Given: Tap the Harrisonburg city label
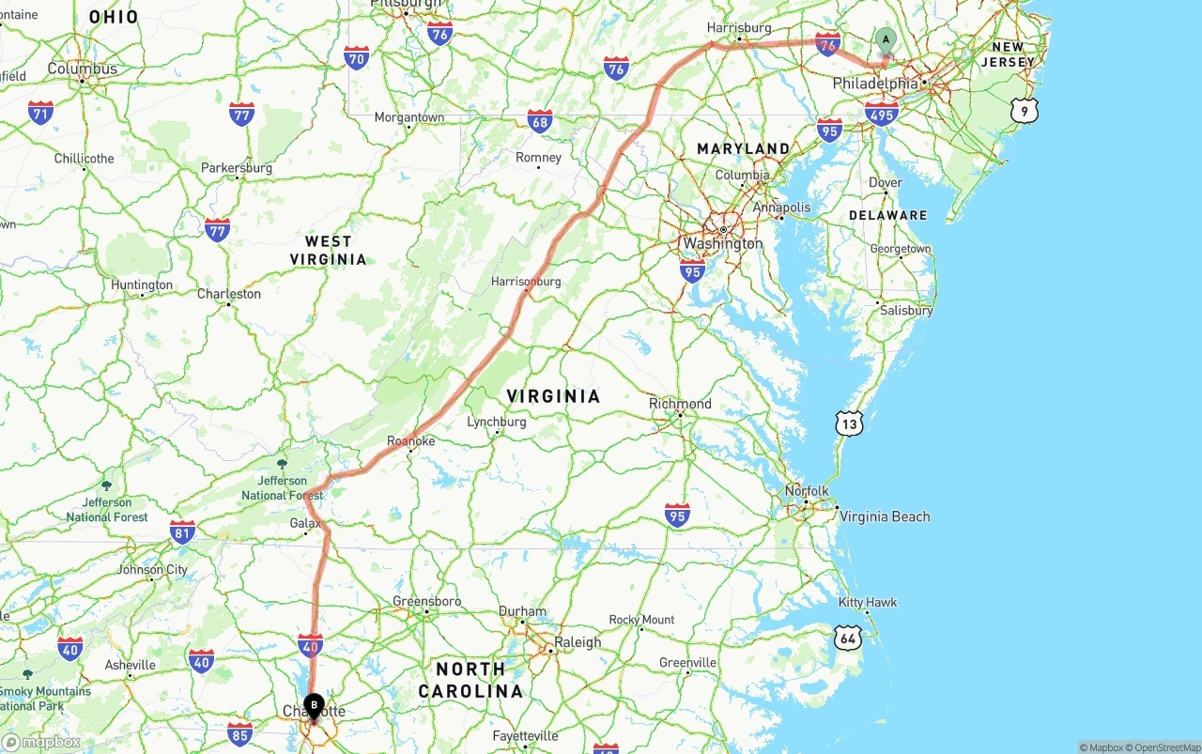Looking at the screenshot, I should pyautogui.click(x=526, y=282).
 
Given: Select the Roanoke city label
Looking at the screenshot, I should pyautogui.click(x=411, y=441).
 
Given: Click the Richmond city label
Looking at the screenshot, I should pyautogui.click(x=680, y=404).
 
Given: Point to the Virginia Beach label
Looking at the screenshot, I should pyautogui.click(x=885, y=516).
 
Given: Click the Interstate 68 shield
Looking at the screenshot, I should pyautogui.click(x=540, y=120).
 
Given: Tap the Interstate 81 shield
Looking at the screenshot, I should pyautogui.click(x=182, y=531).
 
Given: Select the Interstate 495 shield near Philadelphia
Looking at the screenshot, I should pyautogui.click(x=882, y=115).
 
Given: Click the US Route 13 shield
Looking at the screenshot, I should pyautogui.click(x=849, y=424).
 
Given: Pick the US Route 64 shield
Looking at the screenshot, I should pyautogui.click(x=847, y=639).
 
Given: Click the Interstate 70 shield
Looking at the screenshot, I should pyautogui.click(x=356, y=58).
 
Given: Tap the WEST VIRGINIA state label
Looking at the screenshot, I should pyautogui.click(x=328, y=251).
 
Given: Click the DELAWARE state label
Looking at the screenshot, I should pyautogui.click(x=887, y=215).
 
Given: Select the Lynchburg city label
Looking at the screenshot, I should pyautogui.click(x=497, y=423).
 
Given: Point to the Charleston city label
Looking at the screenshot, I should pyautogui.click(x=229, y=294).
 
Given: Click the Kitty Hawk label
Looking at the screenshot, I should pyautogui.click(x=868, y=603).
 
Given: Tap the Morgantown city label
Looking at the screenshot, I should pyautogui.click(x=409, y=117).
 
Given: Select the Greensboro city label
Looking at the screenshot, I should pyautogui.click(x=426, y=601).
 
